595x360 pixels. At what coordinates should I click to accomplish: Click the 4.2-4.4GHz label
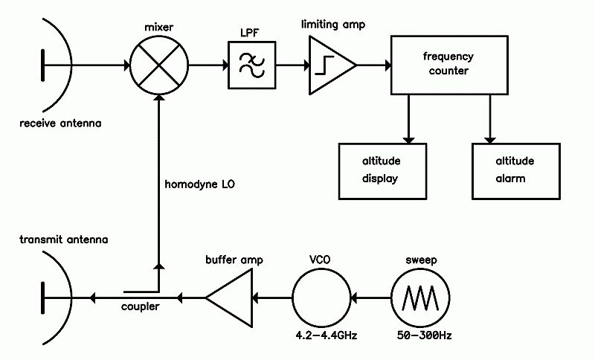[x=327, y=335]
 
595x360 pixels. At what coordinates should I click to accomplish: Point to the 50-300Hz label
[x=424, y=335]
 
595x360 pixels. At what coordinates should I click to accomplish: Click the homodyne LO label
[x=199, y=184]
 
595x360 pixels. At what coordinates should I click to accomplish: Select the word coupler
[x=140, y=306]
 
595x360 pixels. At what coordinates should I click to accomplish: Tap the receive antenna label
[x=60, y=123]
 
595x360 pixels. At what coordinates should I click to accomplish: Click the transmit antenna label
[x=64, y=240]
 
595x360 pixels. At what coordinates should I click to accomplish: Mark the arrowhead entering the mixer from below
[x=159, y=97]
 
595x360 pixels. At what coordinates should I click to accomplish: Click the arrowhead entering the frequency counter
[x=387, y=65]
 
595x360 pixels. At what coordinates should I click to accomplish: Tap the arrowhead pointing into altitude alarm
[x=490, y=141]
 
